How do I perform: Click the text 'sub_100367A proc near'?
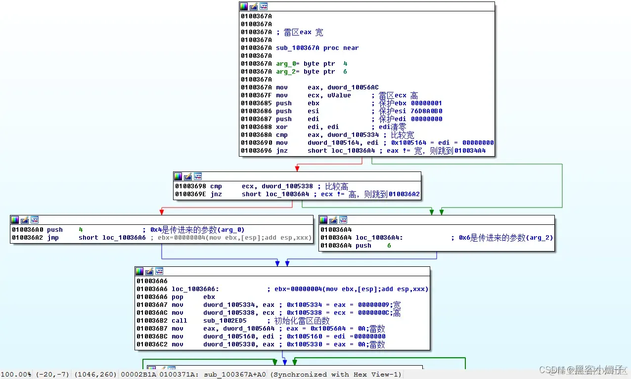(x=317, y=48)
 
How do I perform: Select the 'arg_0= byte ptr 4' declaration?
(x=312, y=64)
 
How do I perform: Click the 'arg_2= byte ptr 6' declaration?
(x=312, y=72)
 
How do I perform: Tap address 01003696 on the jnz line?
(x=256, y=151)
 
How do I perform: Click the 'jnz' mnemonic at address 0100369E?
(x=216, y=194)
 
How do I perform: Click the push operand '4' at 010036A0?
(x=81, y=230)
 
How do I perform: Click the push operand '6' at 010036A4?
(x=389, y=246)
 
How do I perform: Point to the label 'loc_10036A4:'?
(x=379, y=238)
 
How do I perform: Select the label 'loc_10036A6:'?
(x=195, y=289)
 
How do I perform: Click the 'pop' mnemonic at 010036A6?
(x=178, y=297)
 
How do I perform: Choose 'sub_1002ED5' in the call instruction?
(x=225, y=321)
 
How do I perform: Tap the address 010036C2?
(x=152, y=344)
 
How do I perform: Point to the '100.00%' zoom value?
(x=16, y=375)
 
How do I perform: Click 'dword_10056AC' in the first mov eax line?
(x=353, y=87)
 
